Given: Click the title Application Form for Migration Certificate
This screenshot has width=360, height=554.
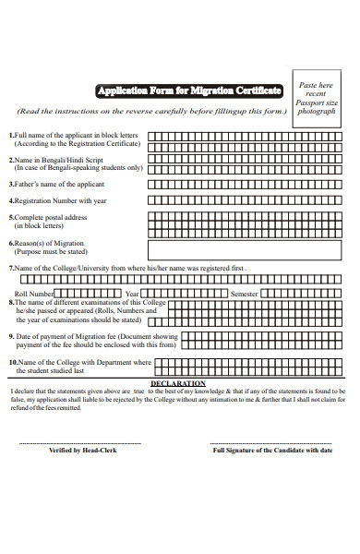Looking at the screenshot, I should pos(189,90).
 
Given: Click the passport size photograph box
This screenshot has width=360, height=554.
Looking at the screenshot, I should pos(317,98).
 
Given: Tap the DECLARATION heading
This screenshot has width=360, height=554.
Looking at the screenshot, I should pos(177,382).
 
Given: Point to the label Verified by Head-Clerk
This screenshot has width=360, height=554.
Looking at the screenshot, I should pos(81,451).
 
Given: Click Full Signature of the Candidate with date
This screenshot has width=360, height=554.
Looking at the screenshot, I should pos(266,451).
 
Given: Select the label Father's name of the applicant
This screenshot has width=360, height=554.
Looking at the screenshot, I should pos(59,184).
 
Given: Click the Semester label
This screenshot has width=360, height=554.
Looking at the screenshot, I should pos(244,294).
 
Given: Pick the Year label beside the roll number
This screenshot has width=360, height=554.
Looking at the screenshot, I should pos(132,294).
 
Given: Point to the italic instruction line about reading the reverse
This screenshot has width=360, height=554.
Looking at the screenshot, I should pos(152,111).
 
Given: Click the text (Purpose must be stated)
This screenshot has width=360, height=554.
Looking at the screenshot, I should pos(51,251).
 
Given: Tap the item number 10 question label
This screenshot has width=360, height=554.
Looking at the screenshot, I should pos(78,362).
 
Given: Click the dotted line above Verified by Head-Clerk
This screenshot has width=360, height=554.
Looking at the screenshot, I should pos(81,443).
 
